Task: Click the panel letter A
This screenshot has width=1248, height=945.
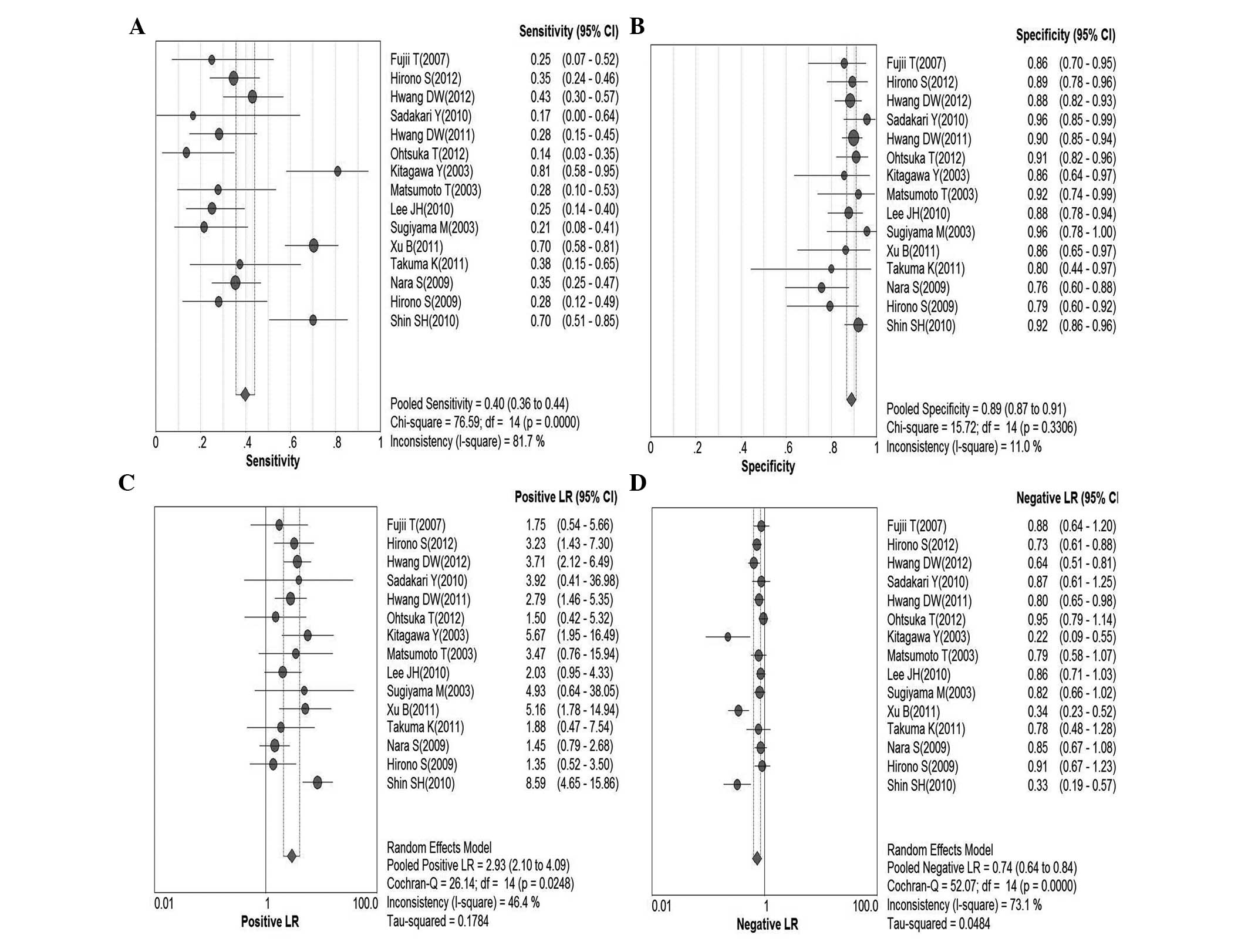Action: click(x=137, y=27)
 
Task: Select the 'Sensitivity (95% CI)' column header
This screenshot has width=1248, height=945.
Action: click(x=568, y=32)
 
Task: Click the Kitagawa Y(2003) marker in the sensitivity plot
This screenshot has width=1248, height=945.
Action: click(x=338, y=171)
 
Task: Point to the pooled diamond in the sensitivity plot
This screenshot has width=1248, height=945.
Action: click(x=245, y=394)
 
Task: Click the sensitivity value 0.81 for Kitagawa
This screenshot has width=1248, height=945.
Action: click(x=540, y=171)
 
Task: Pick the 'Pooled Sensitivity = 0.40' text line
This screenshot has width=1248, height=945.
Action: click(x=479, y=404)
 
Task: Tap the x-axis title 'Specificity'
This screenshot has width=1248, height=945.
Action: click(x=767, y=467)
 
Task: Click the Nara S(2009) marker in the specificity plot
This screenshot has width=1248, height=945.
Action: click(x=821, y=288)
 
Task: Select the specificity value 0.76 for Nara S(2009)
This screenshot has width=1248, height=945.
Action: click(x=1037, y=288)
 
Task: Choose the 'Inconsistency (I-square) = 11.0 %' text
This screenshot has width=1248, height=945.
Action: click(x=963, y=447)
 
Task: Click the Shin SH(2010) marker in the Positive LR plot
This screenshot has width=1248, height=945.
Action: click(x=318, y=782)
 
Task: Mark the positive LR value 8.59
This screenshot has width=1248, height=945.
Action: click(x=535, y=783)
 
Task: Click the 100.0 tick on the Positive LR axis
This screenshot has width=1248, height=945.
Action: click(x=365, y=903)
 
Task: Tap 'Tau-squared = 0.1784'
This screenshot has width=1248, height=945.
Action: click(x=437, y=921)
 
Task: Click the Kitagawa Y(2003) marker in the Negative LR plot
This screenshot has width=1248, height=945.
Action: click(x=728, y=637)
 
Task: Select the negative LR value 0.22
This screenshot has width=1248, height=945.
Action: click(x=1037, y=637)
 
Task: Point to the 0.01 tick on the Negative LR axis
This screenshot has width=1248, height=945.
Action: click(x=661, y=906)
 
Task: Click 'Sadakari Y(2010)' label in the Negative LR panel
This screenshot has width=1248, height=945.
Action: click(x=927, y=582)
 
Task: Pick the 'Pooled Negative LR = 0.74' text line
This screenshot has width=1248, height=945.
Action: click(x=981, y=868)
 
